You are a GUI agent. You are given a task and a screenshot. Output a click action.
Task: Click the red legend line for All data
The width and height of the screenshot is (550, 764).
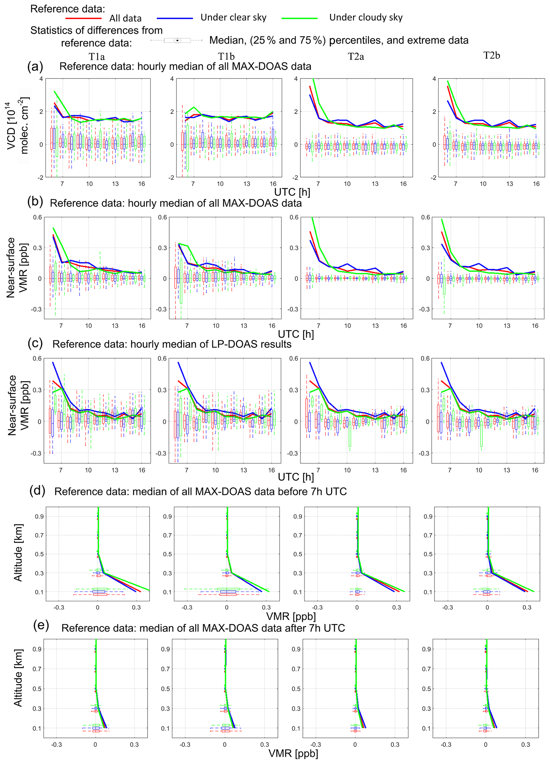(83, 18)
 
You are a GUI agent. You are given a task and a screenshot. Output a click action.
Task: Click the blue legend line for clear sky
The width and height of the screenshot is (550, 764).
(175, 18)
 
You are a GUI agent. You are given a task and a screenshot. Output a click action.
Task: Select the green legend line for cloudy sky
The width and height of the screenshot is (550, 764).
(300, 18)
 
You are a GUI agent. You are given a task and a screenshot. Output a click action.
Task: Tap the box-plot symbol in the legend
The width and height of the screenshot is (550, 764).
(177, 40)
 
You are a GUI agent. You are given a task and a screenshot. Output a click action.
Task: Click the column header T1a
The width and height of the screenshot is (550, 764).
(97, 57)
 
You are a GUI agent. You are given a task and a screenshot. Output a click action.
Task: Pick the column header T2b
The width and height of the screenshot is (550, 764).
(492, 56)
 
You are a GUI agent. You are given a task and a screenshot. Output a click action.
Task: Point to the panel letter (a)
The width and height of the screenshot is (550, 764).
(35, 66)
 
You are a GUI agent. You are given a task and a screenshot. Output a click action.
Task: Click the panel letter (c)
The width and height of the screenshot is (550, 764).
(35, 343)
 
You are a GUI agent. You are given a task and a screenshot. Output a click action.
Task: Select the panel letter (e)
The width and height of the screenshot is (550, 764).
(41, 625)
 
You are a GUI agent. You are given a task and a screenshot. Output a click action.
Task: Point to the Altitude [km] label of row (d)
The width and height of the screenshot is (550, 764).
(18, 552)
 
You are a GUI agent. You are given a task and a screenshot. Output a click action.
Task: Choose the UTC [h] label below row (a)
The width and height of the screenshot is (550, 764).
(292, 192)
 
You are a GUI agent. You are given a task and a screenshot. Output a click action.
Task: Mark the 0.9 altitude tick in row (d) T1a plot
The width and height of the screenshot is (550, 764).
(39, 516)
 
